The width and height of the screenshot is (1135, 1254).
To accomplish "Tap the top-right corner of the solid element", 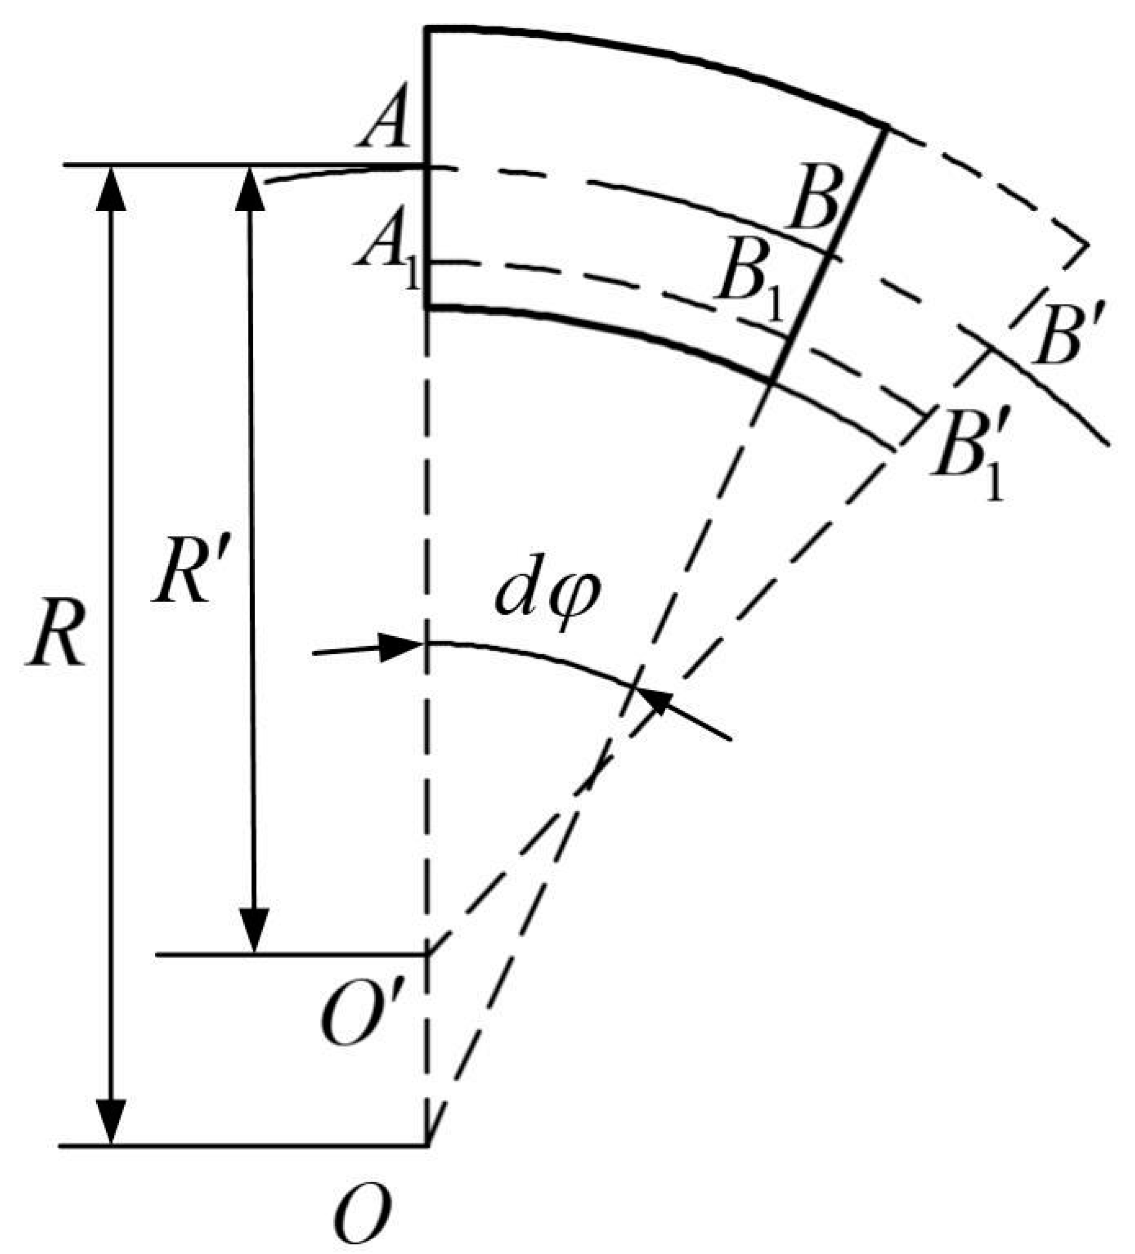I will (x=885, y=128).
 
